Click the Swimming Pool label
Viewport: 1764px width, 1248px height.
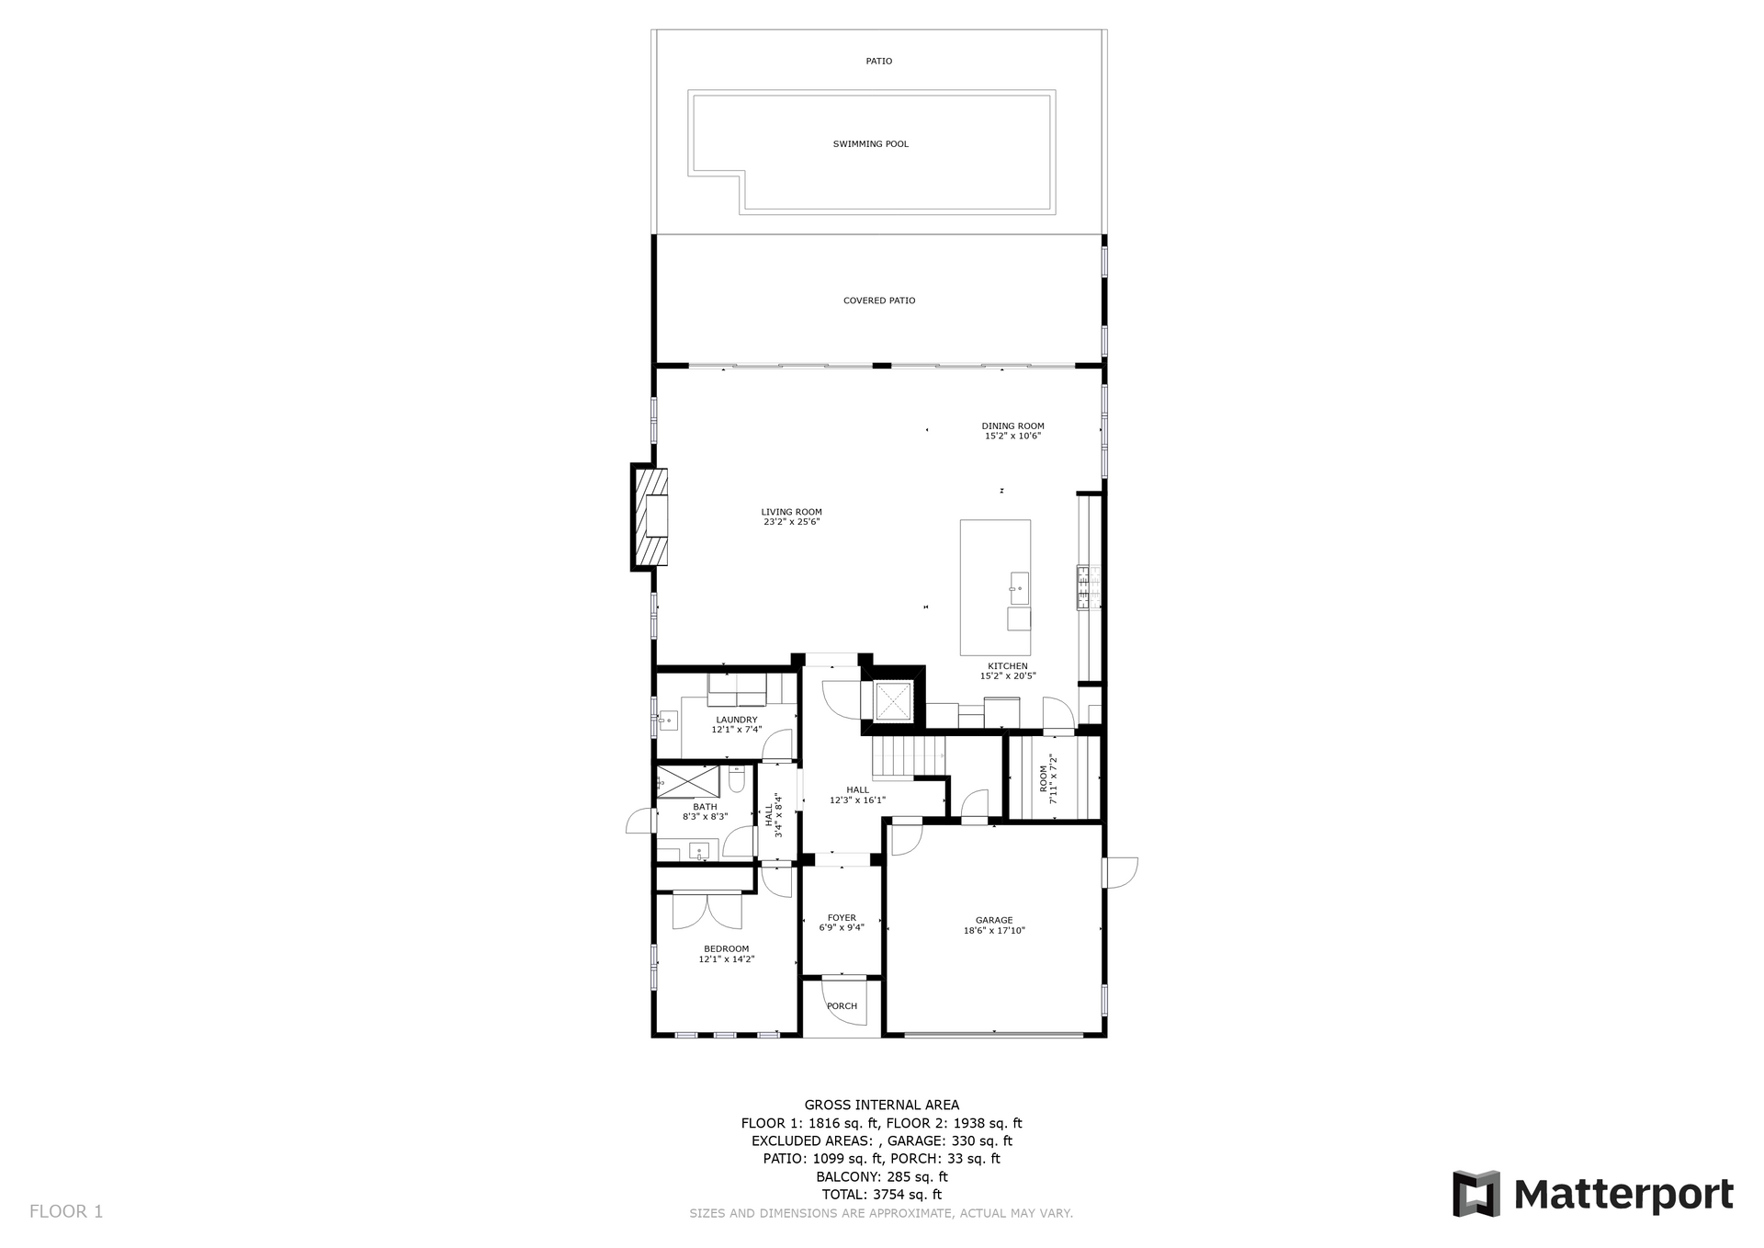point(870,144)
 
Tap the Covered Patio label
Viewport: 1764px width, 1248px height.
point(879,301)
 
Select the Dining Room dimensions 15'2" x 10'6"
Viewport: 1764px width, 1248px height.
point(1012,436)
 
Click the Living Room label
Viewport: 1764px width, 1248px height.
point(791,512)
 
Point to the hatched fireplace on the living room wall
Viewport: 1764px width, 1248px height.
point(649,516)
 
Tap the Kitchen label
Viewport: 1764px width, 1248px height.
point(1008,666)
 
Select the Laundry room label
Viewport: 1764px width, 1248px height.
point(737,720)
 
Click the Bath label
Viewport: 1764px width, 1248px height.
point(705,807)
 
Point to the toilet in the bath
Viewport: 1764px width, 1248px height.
point(736,780)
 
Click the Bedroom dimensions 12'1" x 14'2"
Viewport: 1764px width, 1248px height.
point(727,959)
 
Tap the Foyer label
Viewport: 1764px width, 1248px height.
point(842,917)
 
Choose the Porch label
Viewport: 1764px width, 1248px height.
point(842,1006)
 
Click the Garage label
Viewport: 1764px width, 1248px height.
point(994,920)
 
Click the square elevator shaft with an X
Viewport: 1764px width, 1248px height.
point(892,701)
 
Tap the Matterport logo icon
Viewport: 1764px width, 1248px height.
point(1476,1194)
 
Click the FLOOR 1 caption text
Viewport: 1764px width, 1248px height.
point(66,1211)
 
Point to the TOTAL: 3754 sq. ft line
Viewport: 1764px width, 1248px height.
point(882,1195)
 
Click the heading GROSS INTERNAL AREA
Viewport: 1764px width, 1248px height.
point(882,1105)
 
